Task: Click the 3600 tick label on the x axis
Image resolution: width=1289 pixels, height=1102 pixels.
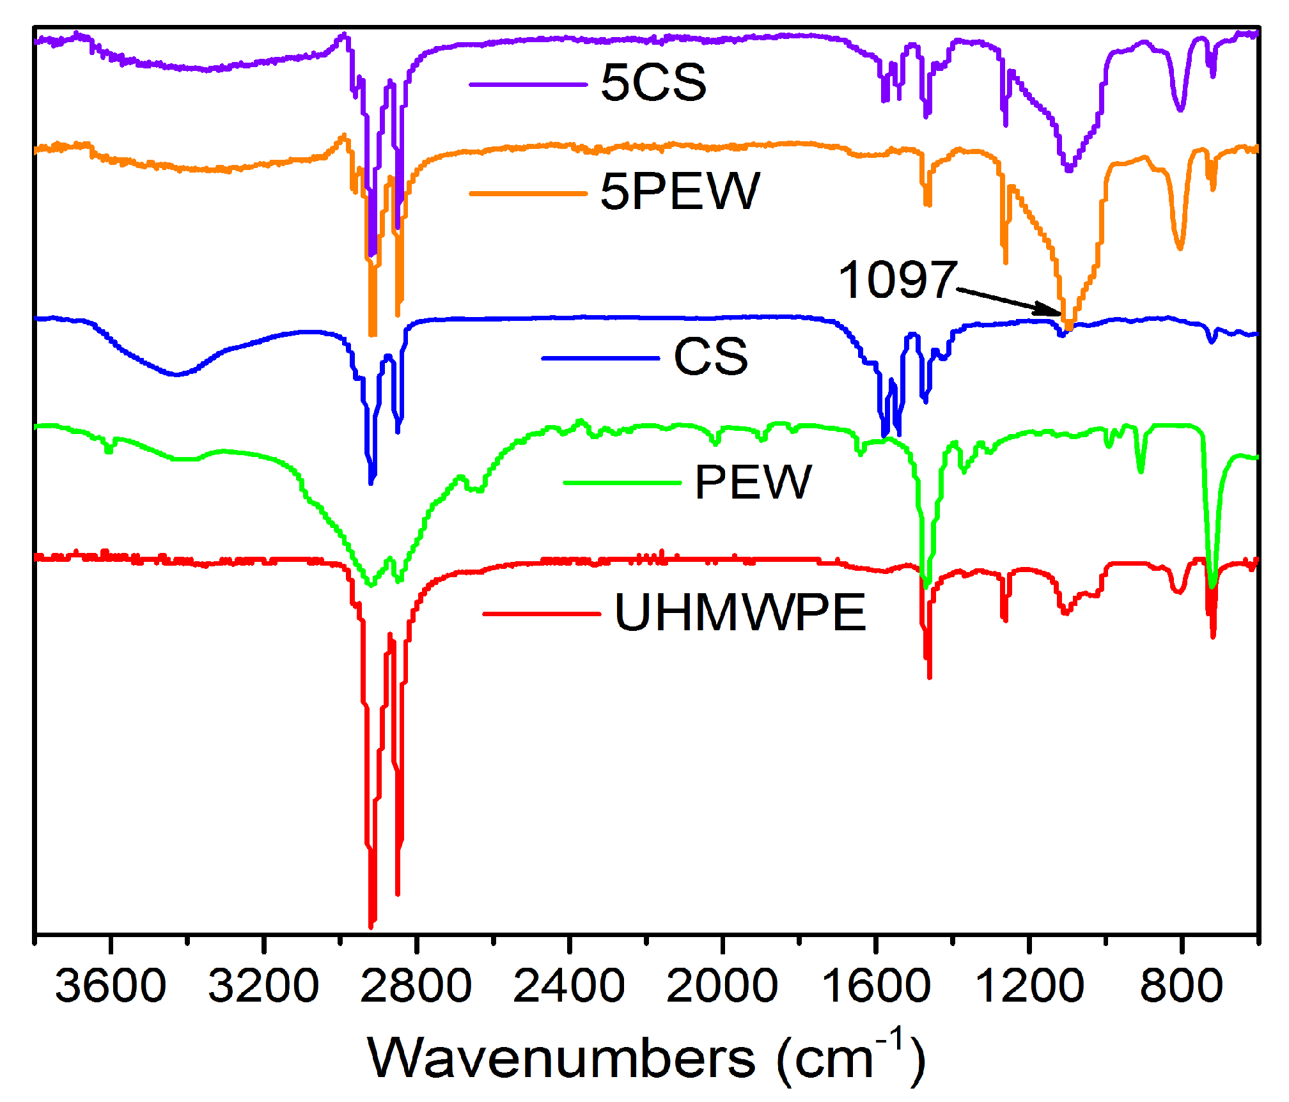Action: click(x=110, y=986)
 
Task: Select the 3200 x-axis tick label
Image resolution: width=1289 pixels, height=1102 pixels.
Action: click(x=263, y=986)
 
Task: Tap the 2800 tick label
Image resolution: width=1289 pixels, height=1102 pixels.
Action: click(x=416, y=986)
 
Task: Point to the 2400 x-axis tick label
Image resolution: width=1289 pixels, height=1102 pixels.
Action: click(x=568, y=986)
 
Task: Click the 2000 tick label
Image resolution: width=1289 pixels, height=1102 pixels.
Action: click(x=722, y=986)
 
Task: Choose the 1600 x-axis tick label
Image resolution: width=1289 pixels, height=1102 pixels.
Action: click(x=875, y=986)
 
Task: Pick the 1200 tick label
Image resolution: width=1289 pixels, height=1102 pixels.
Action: click(x=1029, y=986)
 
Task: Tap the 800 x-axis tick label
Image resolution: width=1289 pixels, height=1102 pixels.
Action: click(x=1181, y=986)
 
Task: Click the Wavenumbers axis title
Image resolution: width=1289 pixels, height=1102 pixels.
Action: click(x=646, y=1059)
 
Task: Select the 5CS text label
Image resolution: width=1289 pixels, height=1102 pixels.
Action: click(x=653, y=82)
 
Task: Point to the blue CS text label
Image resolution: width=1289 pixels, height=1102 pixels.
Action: click(x=710, y=357)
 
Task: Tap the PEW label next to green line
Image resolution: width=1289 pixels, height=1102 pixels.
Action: click(x=753, y=482)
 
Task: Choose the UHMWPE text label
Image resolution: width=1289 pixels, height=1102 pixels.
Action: click(x=740, y=612)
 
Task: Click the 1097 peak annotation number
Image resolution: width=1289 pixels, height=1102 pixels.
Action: click(x=896, y=280)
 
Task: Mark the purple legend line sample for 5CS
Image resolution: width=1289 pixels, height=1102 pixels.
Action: click(x=528, y=84)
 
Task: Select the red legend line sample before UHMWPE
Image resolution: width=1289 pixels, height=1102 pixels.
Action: click(x=541, y=614)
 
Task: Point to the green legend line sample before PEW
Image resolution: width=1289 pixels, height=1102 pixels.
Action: click(x=621, y=483)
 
